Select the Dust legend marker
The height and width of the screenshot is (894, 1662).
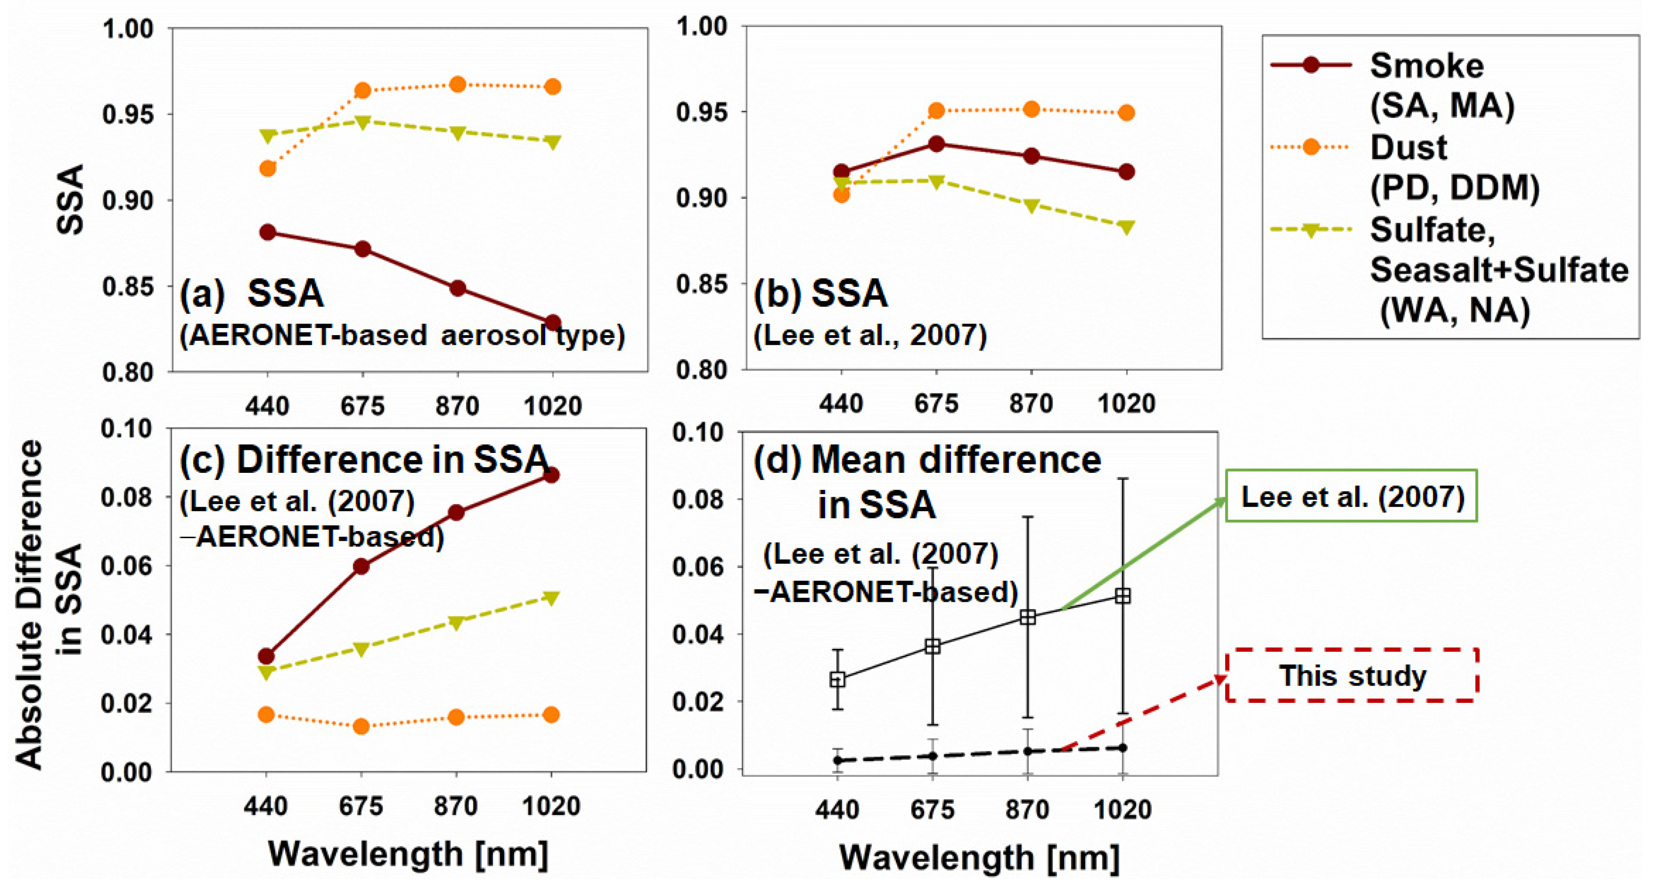1310,147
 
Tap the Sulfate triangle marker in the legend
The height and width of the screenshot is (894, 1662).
1310,230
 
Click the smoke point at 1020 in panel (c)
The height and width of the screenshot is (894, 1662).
551,475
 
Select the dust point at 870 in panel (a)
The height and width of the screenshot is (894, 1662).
458,85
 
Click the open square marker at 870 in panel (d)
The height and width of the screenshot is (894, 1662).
1028,617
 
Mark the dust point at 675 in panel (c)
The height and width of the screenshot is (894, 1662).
361,727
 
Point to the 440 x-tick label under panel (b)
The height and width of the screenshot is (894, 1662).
841,404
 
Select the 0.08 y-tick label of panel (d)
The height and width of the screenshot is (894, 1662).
697,500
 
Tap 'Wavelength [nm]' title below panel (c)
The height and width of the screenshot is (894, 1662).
408,854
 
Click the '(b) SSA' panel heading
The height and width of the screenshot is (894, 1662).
821,294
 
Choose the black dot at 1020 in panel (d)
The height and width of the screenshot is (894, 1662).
1123,748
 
